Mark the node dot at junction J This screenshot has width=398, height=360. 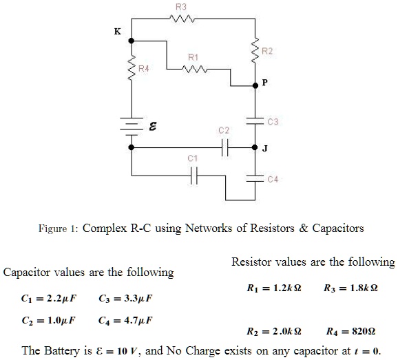point(255,147)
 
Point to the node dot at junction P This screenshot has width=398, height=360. point(255,86)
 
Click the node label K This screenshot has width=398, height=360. point(118,32)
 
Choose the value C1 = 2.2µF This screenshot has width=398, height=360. point(48,298)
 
